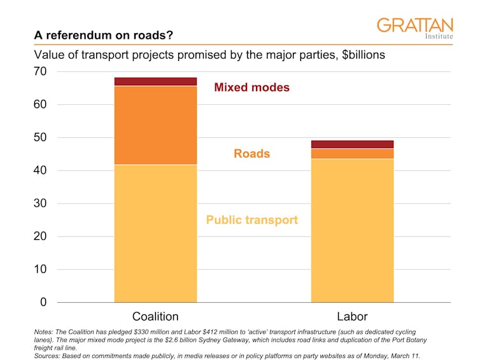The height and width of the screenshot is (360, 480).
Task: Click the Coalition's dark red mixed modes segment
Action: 155,81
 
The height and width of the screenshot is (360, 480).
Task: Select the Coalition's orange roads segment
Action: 155,125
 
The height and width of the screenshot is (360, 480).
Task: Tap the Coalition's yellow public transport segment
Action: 155,233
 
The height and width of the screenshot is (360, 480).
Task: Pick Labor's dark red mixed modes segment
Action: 352,144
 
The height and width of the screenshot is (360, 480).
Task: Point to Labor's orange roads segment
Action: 352,153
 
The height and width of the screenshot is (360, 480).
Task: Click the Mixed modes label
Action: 251,88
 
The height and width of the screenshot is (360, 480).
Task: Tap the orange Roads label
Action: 251,154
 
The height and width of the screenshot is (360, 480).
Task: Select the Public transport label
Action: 251,220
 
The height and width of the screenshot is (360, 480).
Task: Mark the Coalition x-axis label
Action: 155,316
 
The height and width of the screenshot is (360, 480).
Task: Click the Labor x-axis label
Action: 352,316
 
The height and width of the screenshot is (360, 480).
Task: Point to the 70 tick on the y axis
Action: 40,72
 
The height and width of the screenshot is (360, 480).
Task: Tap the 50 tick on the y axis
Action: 40,137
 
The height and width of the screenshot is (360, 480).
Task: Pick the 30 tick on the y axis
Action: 40,204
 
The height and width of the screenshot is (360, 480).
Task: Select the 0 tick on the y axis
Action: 43,302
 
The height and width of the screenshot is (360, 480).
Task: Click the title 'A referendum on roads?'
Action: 103,36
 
